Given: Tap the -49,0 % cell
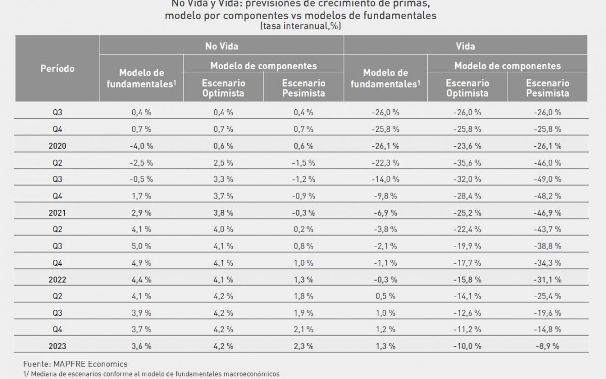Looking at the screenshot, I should click(x=547, y=179).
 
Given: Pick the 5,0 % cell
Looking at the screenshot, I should click(x=141, y=246).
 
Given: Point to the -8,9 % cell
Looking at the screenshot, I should click(x=547, y=346).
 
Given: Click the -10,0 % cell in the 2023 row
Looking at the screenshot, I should click(x=467, y=346).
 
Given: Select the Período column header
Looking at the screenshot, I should click(x=57, y=68).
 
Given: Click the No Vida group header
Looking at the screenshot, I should click(x=221, y=45).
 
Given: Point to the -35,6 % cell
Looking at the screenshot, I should click(x=467, y=162).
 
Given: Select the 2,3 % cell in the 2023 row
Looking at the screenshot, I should click(x=304, y=346).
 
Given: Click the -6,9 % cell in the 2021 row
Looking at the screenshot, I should click(x=386, y=213).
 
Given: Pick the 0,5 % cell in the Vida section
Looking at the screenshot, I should click(x=386, y=296).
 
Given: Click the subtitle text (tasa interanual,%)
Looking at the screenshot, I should click(x=300, y=26).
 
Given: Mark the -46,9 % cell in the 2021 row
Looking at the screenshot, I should click(x=547, y=213).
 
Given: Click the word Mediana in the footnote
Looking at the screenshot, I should click(x=45, y=373).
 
